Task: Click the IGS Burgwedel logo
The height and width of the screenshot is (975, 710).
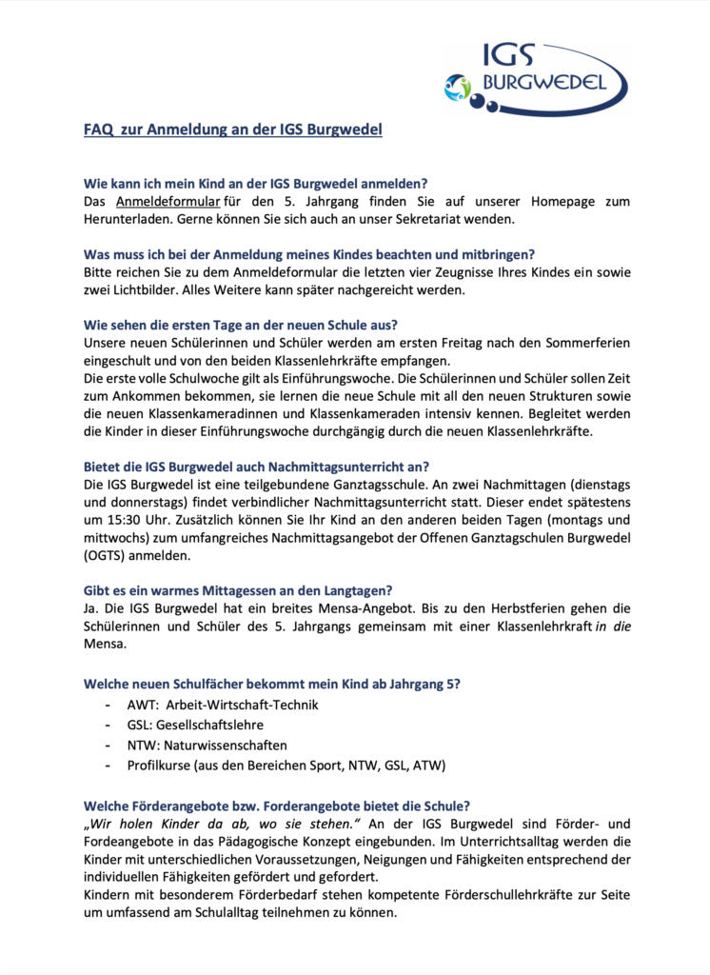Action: coord(536,77)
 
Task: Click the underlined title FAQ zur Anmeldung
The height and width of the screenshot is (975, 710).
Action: coord(233,129)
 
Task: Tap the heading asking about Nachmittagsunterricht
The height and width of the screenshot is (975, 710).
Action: coord(257,466)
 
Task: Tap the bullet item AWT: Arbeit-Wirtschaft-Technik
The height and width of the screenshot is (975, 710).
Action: coord(223,706)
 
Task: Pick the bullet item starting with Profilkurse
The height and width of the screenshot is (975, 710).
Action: coord(286,765)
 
